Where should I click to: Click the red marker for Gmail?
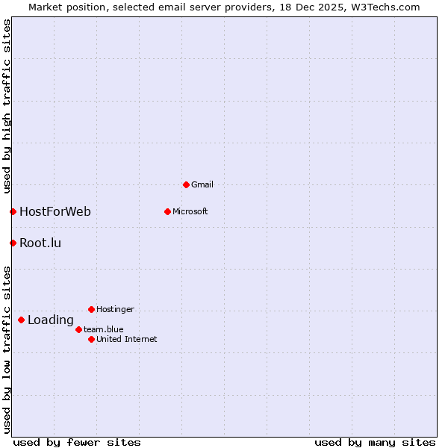click(186, 184)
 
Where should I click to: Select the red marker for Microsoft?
click(167, 211)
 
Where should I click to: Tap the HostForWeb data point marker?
click(13, 211)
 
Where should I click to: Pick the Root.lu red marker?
click(13, 243)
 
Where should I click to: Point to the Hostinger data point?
click(91, 309)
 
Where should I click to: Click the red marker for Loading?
click(21, 320)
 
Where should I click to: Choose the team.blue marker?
click(78, 329)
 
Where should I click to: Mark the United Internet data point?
click(91, 339)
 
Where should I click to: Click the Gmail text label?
click(202, 184)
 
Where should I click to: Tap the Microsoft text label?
click(190, 211)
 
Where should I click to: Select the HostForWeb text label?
click(55, 211)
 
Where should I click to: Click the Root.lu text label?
click(40, 243)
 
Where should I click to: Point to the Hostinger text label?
click(116, 309)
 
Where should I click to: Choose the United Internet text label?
click(127, 339)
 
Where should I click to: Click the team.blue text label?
click(104, 329)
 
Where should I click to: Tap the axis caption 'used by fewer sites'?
click(77, 442)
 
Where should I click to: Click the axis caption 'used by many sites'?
click(375, 442)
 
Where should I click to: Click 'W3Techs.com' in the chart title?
click(385, 7)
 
